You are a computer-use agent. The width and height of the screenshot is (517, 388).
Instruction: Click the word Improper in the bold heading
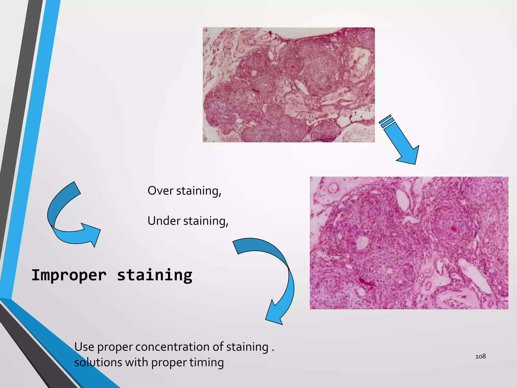click(x=69, y=275)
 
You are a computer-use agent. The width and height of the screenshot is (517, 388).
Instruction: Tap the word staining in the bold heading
click(x=154, y=275)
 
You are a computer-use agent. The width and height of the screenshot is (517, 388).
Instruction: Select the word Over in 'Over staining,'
click(x=160, y=191)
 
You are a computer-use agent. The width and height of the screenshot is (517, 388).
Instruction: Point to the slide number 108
click(x=480, y=356)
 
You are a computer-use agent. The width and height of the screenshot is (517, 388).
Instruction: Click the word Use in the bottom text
click(x=84, y=347)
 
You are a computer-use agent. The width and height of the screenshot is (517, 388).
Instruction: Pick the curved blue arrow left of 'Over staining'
click(x=68, y=217)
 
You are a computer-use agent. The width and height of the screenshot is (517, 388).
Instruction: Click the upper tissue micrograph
click(x=289, y=85)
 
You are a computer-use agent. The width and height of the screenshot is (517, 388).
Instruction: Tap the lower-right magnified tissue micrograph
click(x=409, y=243)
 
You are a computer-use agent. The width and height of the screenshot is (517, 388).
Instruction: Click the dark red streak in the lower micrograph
click(x=365, y=282)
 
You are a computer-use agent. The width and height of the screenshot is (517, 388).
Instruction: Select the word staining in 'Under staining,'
click(x=205, y=221)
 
